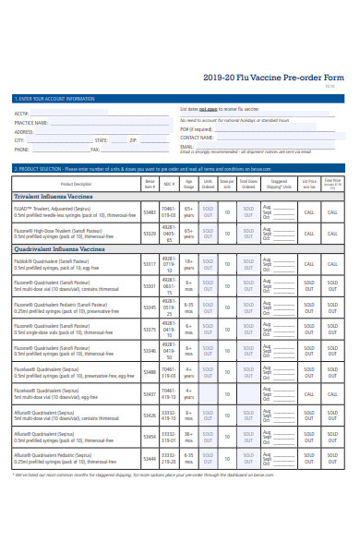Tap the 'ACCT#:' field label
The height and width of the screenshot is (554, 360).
pyautogui.click(x=22, y=114)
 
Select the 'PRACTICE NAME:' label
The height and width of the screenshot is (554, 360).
pyautogui.click(x=32, y=122)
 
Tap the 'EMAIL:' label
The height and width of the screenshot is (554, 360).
pyautogui.click(x=187, y=145)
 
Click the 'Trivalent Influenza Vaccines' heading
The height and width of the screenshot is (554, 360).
pyautogui.click(x=54, y=197)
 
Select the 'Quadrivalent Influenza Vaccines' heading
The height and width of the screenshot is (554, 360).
pyautogui.click(x=59, y=248)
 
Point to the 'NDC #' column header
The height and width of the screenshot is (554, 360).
pyautogui.click(x=169, y=184)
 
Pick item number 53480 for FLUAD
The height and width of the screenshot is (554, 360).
pyautogui.click(x=150, y=211)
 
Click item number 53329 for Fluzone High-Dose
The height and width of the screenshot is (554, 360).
pyautogui.click(x=150, y=235)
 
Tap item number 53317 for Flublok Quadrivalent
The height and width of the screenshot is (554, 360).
pyautogui.click(x=150, y=264)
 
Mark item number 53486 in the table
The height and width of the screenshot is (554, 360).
pyautogui.click(x=150, y=372)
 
